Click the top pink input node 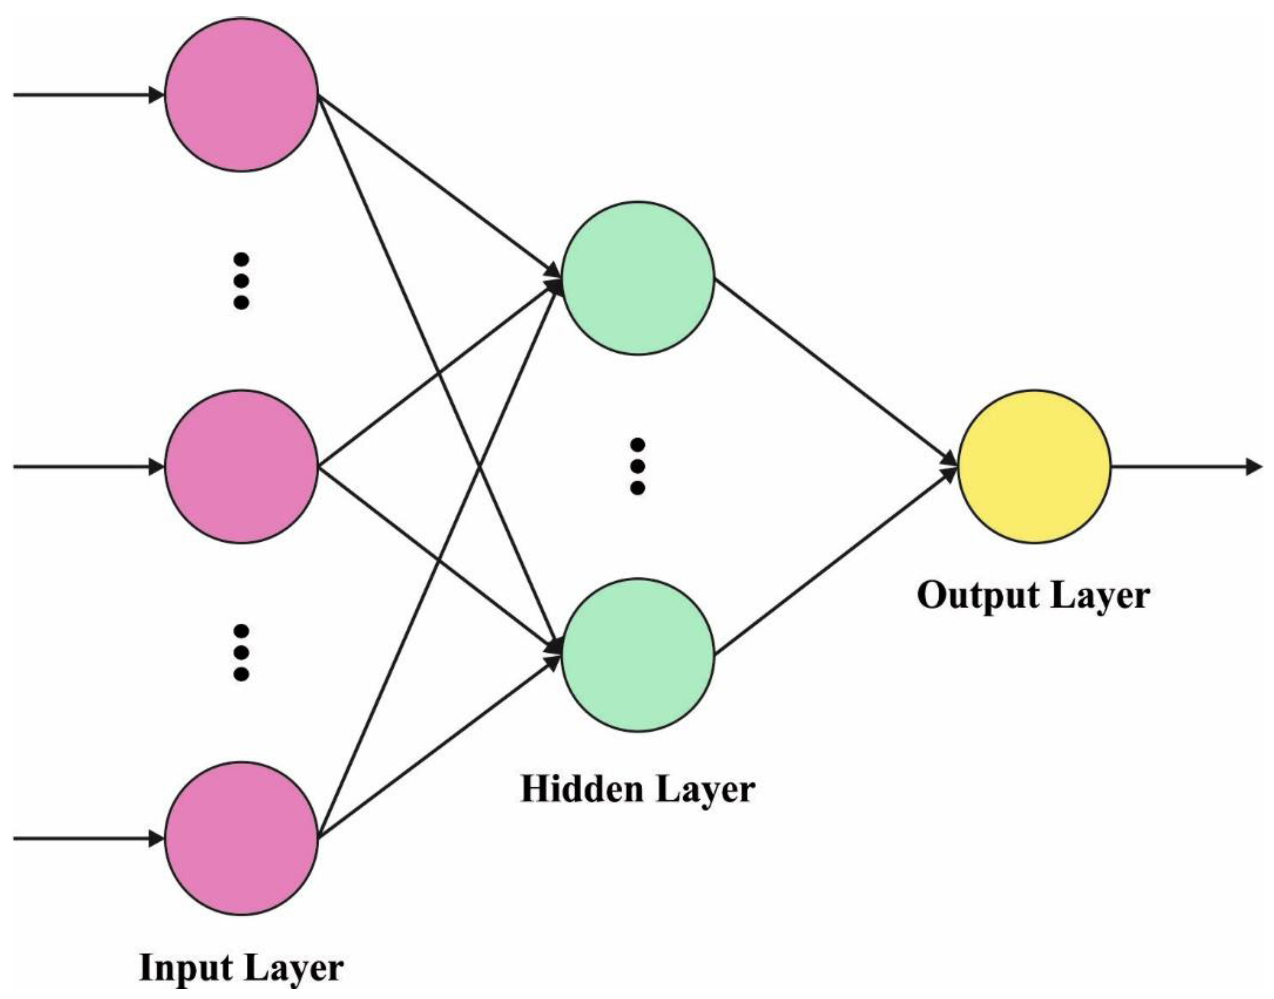tap(241, 94)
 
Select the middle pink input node tap(241, 467)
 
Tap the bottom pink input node tap(241, 838)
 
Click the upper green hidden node tap(638, 278)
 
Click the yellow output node tap(1033, 467)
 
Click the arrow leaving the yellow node tap(1188, 467)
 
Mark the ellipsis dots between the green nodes tap(638, 467)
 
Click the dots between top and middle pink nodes tap(241, 281)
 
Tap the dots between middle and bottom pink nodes tap(241, 653)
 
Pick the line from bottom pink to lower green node tap(439, 749)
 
